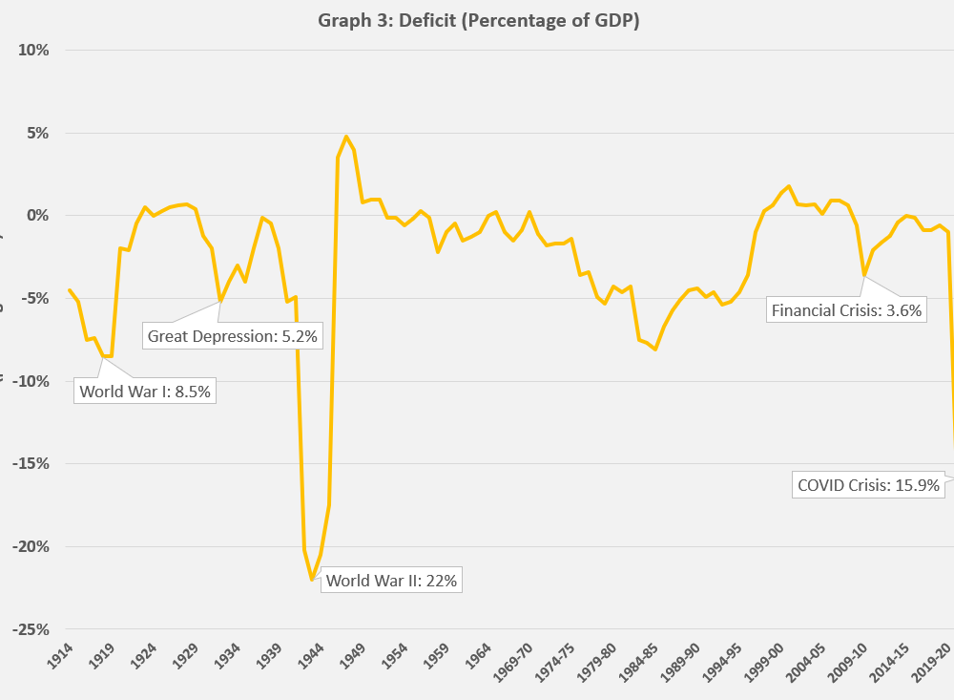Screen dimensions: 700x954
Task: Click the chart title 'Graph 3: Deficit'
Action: pyautogui.click(x=478, y=21)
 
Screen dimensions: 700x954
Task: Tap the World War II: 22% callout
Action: pyautogui.click(x=391, y=581)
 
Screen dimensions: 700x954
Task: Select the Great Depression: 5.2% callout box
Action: pyautogui.click(x=231, y=336)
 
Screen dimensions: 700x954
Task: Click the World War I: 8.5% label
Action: pyautogui.click(x=144, y=391)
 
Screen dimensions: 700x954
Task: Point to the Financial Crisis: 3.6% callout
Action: pyautogui.click(x=846, y=309)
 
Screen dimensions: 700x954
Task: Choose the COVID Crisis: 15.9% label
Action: pyautogui.click(x=868, y=485)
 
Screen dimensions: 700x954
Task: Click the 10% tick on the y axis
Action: pyautogui.click(x=32, y=50)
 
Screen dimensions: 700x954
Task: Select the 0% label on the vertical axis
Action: pyautogui.click(x=36, y=216)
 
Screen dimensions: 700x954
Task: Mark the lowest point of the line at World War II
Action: pyautogui.click(x=312, y=580)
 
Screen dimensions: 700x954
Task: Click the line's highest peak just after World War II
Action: pyautogui.click(x=345, y=137)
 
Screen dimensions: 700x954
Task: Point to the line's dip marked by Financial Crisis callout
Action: pyautogui.click(x=864, y=276)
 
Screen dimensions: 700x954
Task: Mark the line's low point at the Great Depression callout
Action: pyautogui.click(x=220, y=301)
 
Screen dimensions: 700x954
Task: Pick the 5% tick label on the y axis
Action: pyautogui.click(x=36, y=133)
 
